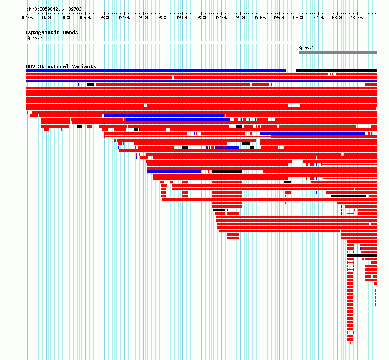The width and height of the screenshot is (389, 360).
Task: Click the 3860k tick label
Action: coord(27,17)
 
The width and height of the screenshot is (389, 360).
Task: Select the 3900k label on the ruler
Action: coord(104,17)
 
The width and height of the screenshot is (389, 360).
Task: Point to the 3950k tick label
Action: coord(201,17)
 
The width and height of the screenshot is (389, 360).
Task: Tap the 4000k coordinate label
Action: coord(298,17)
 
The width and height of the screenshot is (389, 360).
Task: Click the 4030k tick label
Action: coord(356,17)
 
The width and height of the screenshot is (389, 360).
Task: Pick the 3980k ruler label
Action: coord(259,17)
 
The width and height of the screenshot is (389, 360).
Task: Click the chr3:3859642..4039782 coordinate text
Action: coord(54,9)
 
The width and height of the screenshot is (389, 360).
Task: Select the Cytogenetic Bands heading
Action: coord(52,32)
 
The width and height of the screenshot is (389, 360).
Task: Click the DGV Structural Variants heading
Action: coord(61,66)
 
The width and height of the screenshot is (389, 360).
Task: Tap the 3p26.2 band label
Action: coord(34,38)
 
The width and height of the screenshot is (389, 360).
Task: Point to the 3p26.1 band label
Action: coord(306,48)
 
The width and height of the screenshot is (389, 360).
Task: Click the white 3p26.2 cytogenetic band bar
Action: coord(162,42)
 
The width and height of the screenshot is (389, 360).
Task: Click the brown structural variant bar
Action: coord(318,126)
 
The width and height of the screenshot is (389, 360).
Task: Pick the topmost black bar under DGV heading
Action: coord(336,70)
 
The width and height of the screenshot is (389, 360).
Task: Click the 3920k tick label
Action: coord(143,17)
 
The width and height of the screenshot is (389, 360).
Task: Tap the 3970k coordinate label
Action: coord(240,17)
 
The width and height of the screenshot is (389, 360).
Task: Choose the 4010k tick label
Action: coord(317,17)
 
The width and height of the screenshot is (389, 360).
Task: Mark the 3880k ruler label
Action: coord(65,17)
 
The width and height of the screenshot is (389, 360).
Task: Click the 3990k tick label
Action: coord(279,17)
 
